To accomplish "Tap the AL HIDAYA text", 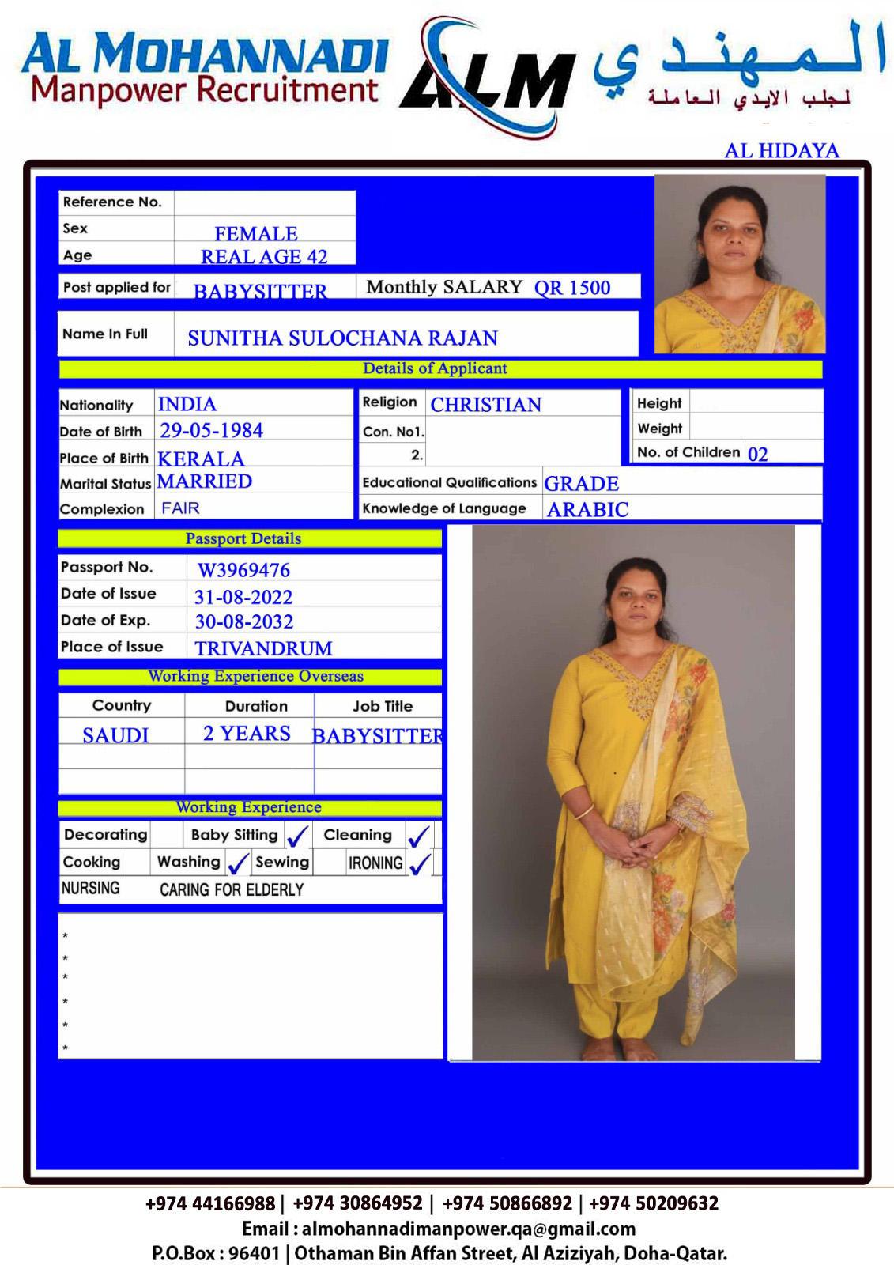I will point(781,150).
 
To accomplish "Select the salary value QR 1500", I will point(571,288).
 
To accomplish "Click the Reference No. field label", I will point(112,202).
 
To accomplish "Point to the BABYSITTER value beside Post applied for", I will point(260,292).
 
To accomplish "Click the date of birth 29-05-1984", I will point(211,431).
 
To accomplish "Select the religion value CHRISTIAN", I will point(485,405).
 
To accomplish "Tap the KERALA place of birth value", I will point(201,459).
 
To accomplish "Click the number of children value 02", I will point(757,454).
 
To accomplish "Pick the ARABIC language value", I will point(587,510).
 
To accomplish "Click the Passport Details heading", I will point(243,538).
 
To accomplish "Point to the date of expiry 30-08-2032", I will point(243,622).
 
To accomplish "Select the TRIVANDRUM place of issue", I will point(263,648).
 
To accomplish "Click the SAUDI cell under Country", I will point(115,735).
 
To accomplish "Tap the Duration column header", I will point(256,706).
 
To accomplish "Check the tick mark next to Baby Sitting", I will point(297,836).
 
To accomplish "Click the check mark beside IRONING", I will point(420,863).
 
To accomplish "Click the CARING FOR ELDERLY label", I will point(232,890).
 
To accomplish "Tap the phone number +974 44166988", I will point(209,1203).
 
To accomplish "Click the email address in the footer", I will point(468,1229).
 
